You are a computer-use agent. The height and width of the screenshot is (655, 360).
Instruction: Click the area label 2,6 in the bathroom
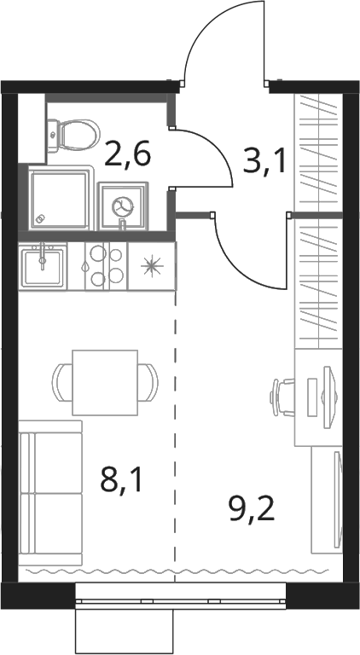[x=127, y=154]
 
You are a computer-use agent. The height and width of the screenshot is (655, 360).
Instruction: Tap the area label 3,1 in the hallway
[x=264, y=161]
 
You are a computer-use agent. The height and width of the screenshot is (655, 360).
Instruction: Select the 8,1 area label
[x=121, y=481]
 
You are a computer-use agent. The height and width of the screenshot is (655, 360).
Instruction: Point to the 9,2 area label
[x=252, y=508]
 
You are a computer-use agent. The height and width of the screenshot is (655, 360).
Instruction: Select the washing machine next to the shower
[x=123, y=206]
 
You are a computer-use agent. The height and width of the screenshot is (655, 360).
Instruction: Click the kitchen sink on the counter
[x=43, y=266]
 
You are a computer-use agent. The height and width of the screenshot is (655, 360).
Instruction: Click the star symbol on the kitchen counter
[x=151, y=266]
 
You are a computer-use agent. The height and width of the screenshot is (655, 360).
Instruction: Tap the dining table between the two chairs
[x=105, y=382]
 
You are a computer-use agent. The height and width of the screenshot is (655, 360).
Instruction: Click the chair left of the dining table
[x=62, y=383]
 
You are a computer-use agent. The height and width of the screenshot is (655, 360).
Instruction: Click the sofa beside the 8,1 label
[x=50, y=493]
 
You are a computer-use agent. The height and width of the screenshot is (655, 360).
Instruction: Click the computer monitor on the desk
[x=328, y=397]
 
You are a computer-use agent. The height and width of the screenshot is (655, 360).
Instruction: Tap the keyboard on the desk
[x=313, y=397]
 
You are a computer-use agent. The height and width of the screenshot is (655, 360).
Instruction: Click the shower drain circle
[x=40, y=218]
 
